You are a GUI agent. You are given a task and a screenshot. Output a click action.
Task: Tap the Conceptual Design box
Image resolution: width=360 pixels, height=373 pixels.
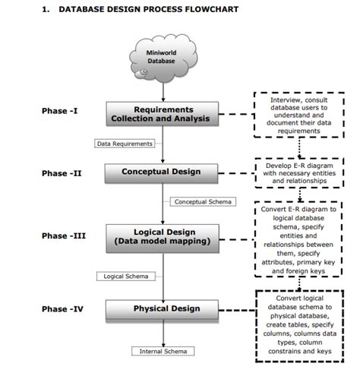(x=161, y=172)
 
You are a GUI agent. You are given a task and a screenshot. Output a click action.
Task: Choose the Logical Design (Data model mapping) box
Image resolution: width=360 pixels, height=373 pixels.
(x=161, y=235)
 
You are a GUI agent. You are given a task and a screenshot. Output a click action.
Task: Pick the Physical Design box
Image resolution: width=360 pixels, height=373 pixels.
(x=161, y=308)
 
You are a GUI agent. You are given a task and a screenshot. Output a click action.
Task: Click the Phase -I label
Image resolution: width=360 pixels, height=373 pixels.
(x=59, y=111)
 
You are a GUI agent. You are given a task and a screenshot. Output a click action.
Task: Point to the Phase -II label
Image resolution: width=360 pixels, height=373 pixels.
(x=61, y=173)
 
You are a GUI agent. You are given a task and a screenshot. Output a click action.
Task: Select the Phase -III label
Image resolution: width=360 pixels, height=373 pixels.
(x=63, y=236)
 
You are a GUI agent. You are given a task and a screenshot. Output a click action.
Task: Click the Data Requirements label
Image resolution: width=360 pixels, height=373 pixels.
(x=125, y=143)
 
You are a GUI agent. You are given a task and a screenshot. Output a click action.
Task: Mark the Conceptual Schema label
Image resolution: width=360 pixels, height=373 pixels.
(x=203, y=202)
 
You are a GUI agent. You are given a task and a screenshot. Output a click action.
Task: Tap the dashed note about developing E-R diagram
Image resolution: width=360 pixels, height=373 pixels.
(x=300, y=172)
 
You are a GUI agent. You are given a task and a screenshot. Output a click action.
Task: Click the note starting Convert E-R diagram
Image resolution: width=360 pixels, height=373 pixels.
(x=300, y=239)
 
